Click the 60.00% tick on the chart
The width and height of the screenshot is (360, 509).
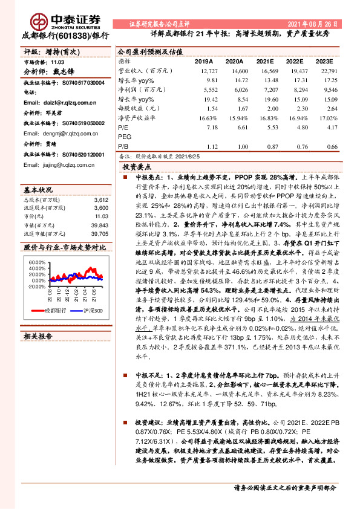tap(36, 262)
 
